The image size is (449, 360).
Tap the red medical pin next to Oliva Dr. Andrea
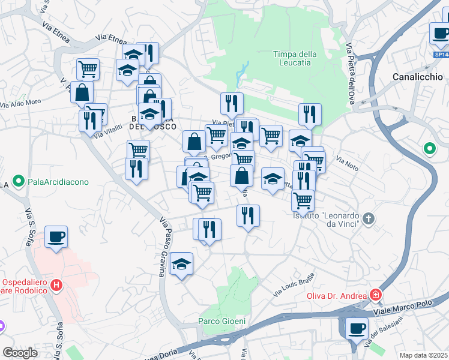[376, 295]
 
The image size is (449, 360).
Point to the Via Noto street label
[347, 164]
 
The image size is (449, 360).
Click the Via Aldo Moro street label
[20, 103]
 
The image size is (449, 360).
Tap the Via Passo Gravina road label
[163, 246]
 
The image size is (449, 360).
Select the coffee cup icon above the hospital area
[56, 237]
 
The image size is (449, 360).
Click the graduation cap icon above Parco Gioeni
[181, 264]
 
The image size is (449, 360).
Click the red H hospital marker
[56, 286]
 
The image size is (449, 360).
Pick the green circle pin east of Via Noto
[430, 148]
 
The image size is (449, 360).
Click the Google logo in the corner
[20, 353]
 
